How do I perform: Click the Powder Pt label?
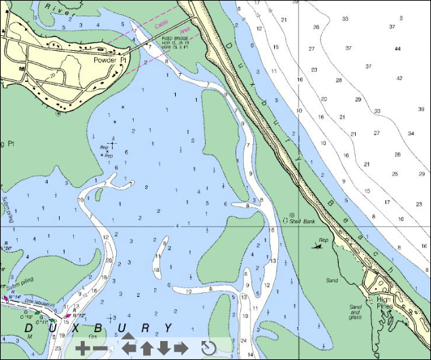[x=109, y=60]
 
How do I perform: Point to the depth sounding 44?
[x=398, y=48]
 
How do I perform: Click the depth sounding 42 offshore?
[x=399, y=78]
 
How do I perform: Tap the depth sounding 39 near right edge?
[x=421, y=109]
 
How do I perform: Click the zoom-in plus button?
[x=81, y=348]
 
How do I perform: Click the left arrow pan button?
[x=128, y=348]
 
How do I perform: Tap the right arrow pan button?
[x=181, y=348]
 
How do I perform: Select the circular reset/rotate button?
[x=209, y=348]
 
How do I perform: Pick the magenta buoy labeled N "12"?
[x=67, y=315]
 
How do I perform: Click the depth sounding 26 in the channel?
[x=109, y=260]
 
